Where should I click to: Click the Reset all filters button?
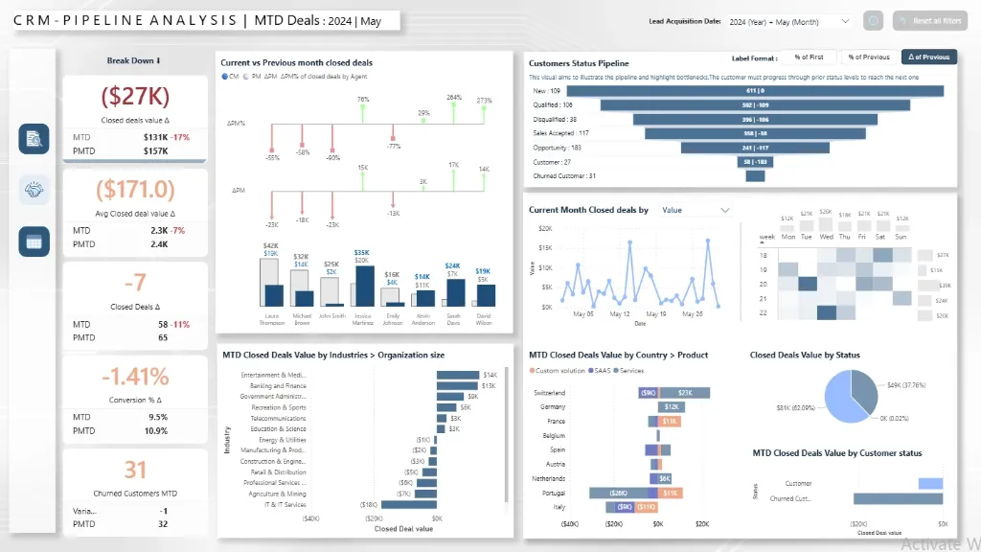click(929, 21)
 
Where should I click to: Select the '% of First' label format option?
click(809, 57)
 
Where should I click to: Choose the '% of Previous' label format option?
click(869, 57)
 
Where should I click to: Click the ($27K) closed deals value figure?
click(134, 96)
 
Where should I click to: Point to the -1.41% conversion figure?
click(134, 376)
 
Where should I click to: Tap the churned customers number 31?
click(135, 470)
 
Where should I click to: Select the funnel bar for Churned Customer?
click(755, 175)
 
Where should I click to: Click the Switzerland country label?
click(549, 393)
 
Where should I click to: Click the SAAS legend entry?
click(602, 370)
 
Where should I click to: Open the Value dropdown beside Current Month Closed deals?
click(696, 210)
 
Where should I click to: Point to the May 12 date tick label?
click(620, 313)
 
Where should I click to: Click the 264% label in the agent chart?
click(454, 98)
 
